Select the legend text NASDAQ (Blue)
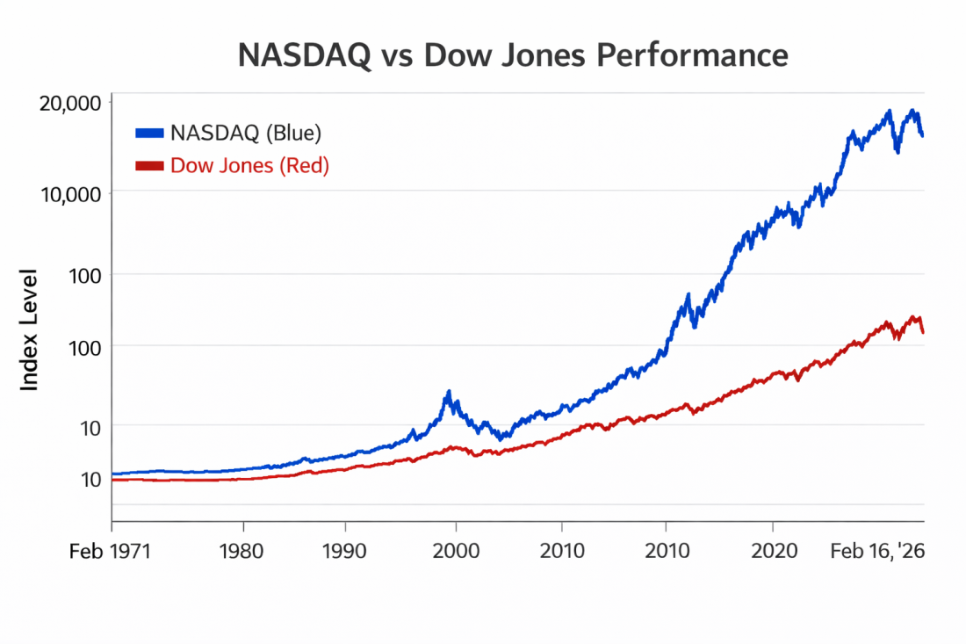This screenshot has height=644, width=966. [246, 133]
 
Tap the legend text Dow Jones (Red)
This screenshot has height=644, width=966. [249, 165]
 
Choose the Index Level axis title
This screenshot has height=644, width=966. [29, 329]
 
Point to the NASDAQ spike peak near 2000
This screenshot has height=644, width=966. [449, 392]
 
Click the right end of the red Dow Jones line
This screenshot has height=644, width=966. [923, 332]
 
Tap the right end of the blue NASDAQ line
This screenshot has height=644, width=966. [922, 135]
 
